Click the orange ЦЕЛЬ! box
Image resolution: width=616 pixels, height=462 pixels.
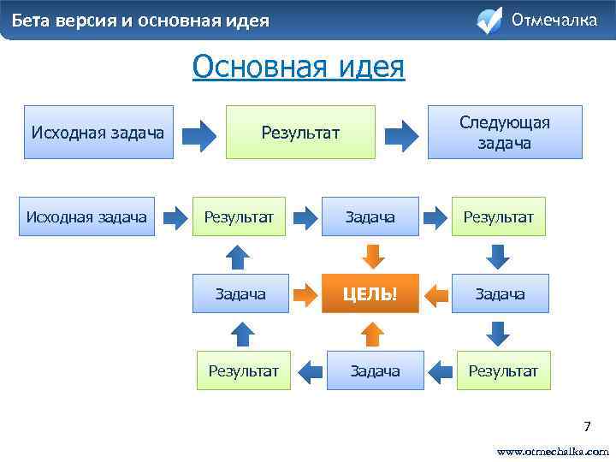370,294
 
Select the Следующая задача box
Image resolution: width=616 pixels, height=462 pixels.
505,132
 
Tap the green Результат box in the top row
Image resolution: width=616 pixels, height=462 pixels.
300,132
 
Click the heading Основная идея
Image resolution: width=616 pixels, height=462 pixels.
299,66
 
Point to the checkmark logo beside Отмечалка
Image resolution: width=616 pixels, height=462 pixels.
489,20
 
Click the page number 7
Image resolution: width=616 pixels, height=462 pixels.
587,426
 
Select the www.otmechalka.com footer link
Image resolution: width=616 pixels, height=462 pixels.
553,450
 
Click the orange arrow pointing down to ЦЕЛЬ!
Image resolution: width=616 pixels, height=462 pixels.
371,255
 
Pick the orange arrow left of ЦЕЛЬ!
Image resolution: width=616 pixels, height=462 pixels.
305,295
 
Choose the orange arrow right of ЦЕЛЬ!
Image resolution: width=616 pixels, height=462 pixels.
436,295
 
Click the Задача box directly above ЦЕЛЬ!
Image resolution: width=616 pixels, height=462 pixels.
370,217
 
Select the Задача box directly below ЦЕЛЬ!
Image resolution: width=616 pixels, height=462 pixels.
375,371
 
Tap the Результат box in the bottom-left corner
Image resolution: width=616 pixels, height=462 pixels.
244,371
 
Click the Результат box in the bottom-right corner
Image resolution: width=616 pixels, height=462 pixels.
503,371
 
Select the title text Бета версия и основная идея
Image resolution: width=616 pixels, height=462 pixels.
140,20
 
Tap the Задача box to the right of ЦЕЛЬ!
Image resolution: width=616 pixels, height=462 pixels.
500,294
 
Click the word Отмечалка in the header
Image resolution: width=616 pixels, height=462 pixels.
554,19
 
